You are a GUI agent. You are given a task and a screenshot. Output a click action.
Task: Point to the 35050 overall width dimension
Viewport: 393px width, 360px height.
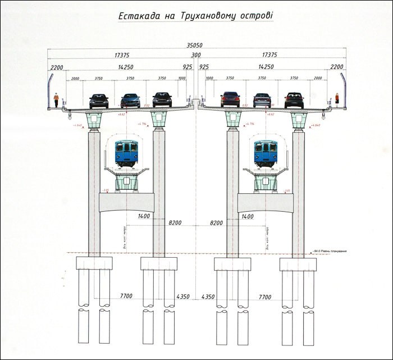196,46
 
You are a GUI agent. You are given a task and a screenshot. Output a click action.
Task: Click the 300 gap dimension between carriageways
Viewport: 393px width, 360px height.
196,55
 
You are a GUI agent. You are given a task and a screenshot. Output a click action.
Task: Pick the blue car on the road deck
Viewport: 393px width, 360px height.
130,101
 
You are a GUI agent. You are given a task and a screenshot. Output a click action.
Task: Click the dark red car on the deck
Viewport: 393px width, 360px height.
230,99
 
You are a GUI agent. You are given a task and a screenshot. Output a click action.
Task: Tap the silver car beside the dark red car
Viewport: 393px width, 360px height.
262,100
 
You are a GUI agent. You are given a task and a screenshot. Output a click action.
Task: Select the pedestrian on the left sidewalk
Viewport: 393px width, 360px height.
56,101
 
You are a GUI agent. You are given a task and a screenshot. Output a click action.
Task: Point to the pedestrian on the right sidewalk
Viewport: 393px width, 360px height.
337,100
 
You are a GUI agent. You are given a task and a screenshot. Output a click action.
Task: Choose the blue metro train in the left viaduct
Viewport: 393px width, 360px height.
126,152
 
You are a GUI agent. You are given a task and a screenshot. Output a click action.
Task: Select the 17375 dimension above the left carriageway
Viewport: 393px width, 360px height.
122,55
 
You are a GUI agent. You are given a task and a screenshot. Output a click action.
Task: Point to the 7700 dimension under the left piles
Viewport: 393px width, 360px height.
129,296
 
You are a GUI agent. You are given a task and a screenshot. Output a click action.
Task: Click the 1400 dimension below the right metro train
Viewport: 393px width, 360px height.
246,216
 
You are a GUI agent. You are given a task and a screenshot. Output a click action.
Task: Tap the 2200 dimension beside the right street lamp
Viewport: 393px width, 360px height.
337,67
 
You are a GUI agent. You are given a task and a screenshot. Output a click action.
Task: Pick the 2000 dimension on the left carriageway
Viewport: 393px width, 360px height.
76,79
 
